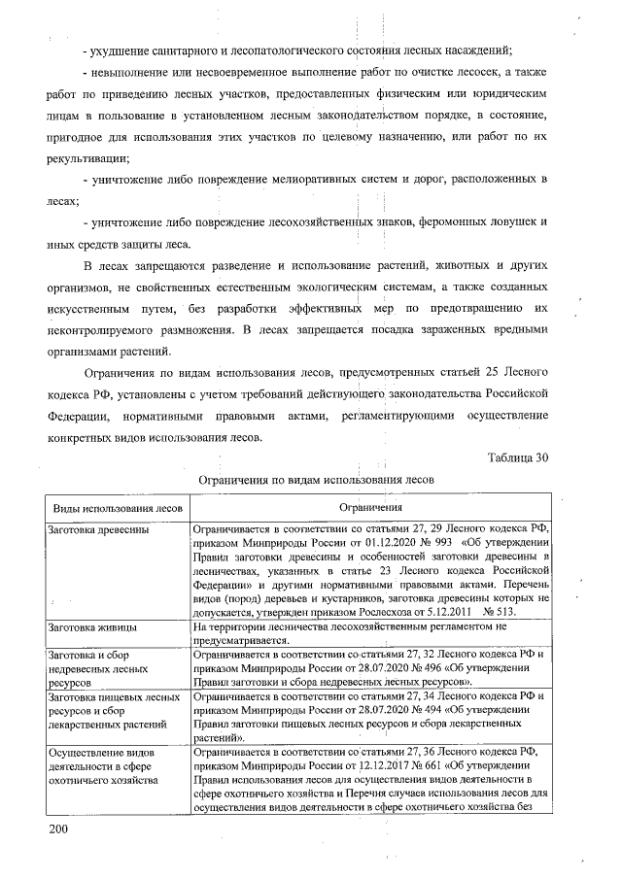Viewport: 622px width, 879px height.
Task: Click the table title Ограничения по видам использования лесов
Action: click(x=315, y=480)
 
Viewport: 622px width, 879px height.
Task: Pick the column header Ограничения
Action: click(x=370, y=508)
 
